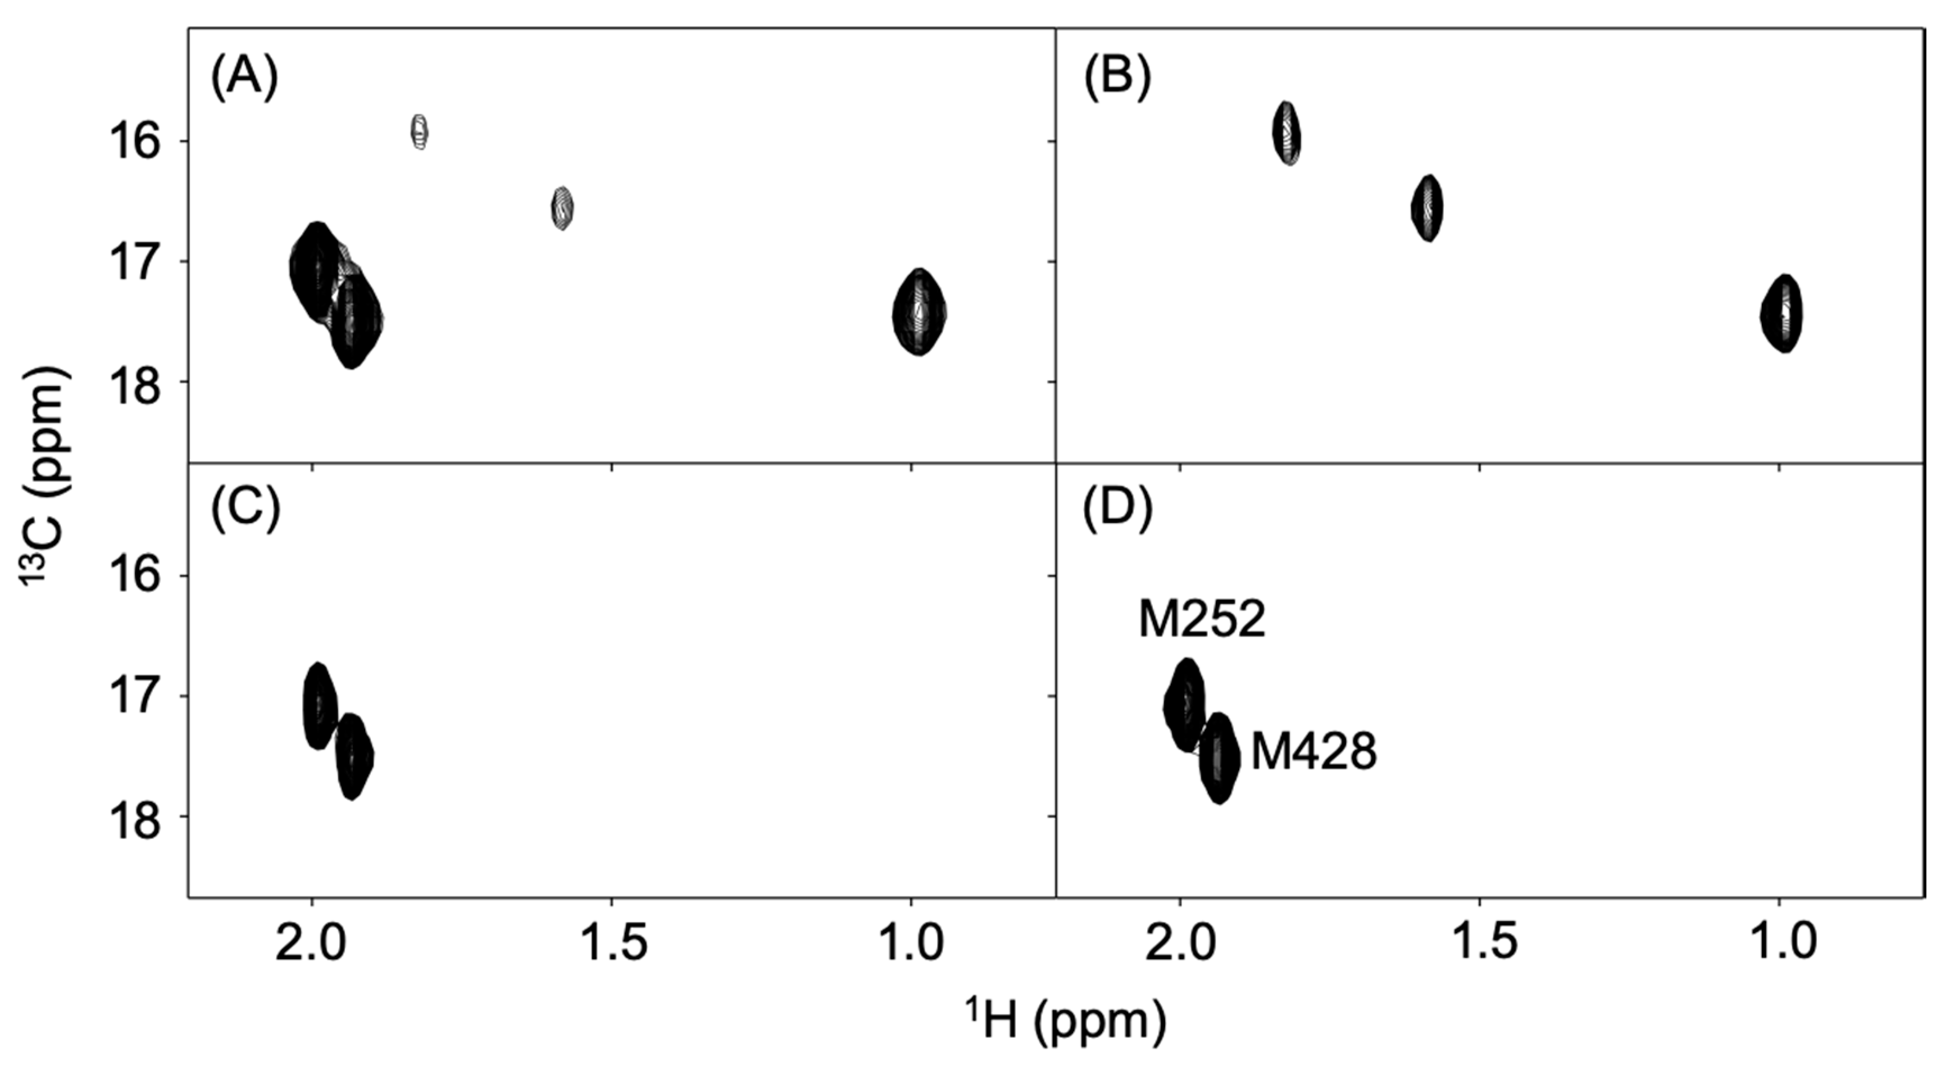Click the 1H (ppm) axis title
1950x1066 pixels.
1066,1020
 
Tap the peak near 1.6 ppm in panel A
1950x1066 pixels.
561,207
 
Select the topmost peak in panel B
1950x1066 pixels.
1286,133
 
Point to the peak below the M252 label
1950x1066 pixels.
1185,705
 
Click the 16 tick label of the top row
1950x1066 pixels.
138,142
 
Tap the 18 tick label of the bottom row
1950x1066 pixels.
138,818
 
